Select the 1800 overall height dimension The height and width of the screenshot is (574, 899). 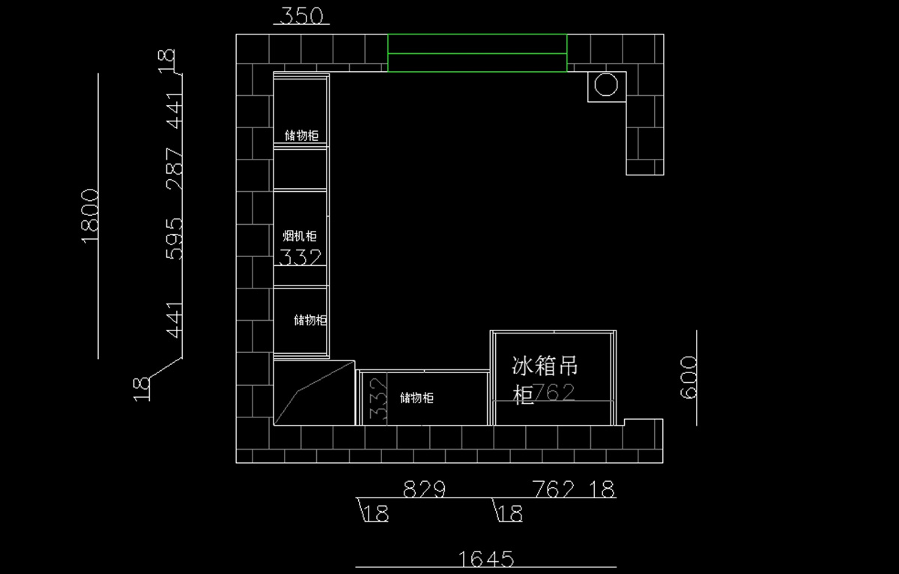click(x=90, y=215)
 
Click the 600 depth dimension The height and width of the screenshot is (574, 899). click(x=689, y=377)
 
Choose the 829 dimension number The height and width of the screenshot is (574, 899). click(x=424, y=489)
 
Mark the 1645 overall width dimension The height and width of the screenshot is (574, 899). click(x=485, y=558)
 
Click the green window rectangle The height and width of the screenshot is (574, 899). click(x=477, y=53)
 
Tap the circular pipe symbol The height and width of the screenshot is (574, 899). click(x=606, y=85)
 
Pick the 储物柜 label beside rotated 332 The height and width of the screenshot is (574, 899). click(x=417, y=398)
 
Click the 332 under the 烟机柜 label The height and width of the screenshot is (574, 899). click(x=300, y=258)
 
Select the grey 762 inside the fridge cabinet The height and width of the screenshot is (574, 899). click(x=554, y=393)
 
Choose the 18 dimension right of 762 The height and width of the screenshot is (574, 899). click(x=602, y=489)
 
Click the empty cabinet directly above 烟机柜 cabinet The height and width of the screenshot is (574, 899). click(x=300, y=169)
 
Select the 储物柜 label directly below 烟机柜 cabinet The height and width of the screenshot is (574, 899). click(x=310, y=320)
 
